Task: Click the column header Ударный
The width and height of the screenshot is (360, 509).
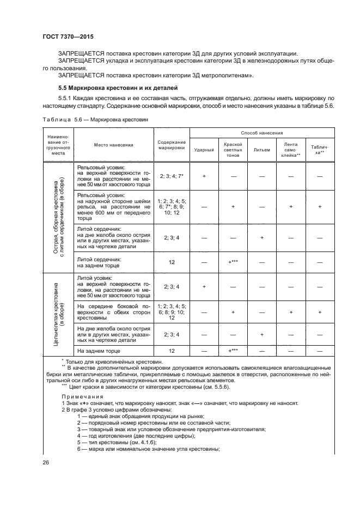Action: [x=204, y=149]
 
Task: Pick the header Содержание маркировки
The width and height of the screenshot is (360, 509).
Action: [x=172, y=144]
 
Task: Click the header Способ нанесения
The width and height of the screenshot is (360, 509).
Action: [x=262, y=132]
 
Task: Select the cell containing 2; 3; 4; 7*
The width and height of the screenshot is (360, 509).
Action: [x=172, y=176]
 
